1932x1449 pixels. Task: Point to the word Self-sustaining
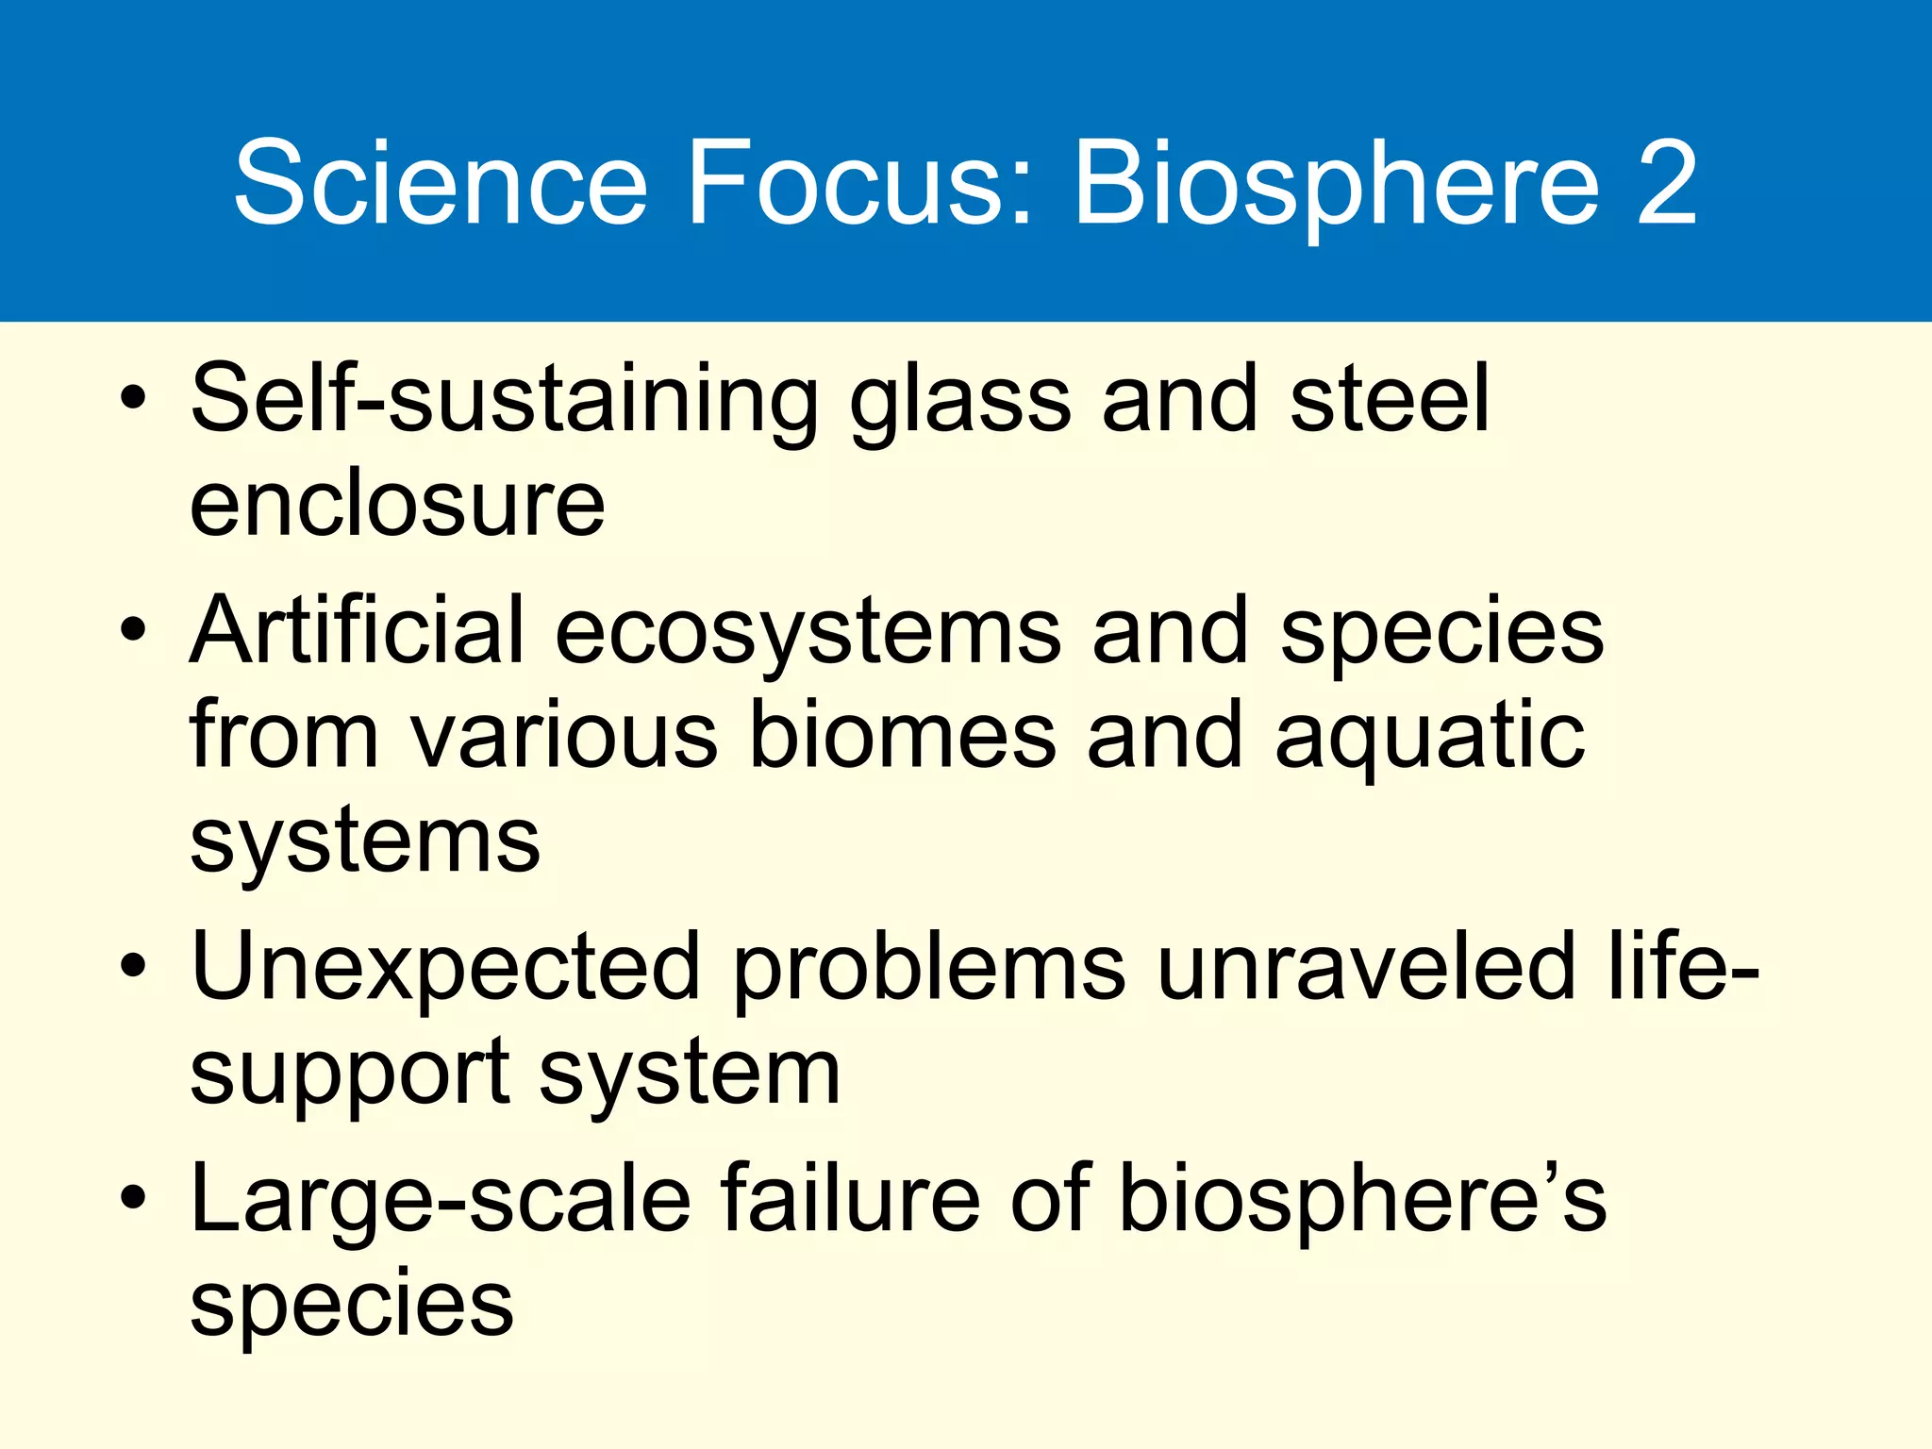tap(505, 402)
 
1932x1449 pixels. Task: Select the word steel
tap(1390, 400)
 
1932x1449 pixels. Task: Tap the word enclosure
tap(397, 505)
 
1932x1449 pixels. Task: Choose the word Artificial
tap(357, 630)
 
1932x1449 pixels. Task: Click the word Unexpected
tap(445, 968)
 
